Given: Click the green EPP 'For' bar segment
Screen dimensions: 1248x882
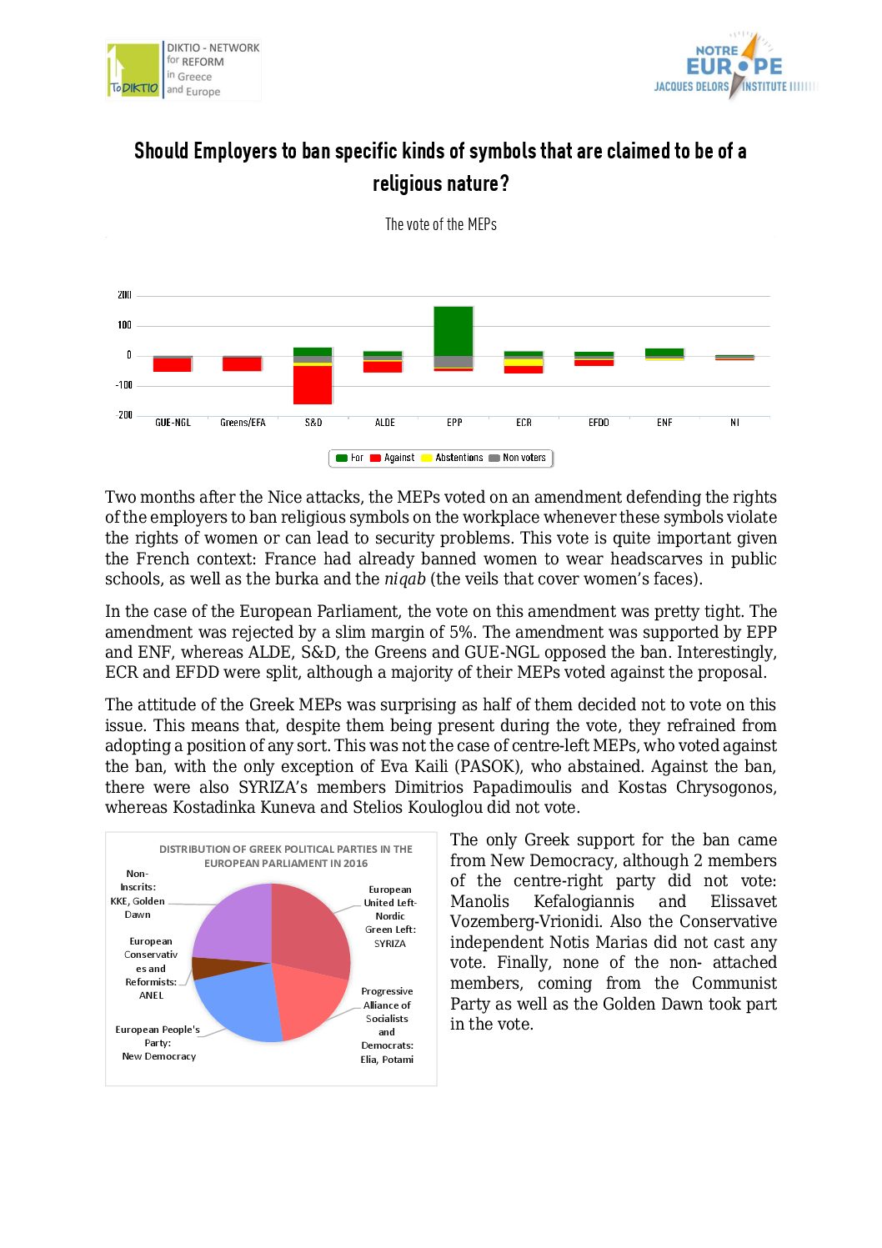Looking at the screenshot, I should pos(453,331).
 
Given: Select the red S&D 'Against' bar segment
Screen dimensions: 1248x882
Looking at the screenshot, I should pos(313,384).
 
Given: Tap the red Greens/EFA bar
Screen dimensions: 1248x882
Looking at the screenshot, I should pos(243,363).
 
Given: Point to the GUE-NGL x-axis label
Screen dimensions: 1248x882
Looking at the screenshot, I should pos(173,423).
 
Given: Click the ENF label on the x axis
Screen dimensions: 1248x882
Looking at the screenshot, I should pos(664,423).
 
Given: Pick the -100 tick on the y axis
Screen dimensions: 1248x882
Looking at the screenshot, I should pos(123,385).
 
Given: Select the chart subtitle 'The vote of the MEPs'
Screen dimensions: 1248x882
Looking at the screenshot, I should pos(441,224).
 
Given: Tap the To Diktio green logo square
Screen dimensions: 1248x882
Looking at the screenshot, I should pos(133,70).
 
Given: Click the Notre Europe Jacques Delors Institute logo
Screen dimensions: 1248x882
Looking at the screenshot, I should pos(734,67).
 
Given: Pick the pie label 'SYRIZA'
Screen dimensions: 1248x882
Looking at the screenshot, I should pos(389,944).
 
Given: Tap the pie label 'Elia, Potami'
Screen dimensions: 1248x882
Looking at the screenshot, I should pos(387,1060).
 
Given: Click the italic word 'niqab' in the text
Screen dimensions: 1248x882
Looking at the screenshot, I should pos(405,579).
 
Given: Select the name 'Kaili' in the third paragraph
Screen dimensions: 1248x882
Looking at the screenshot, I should pos(432,767).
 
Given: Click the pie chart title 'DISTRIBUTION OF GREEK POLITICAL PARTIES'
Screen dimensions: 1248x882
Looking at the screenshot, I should pos(286,850).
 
